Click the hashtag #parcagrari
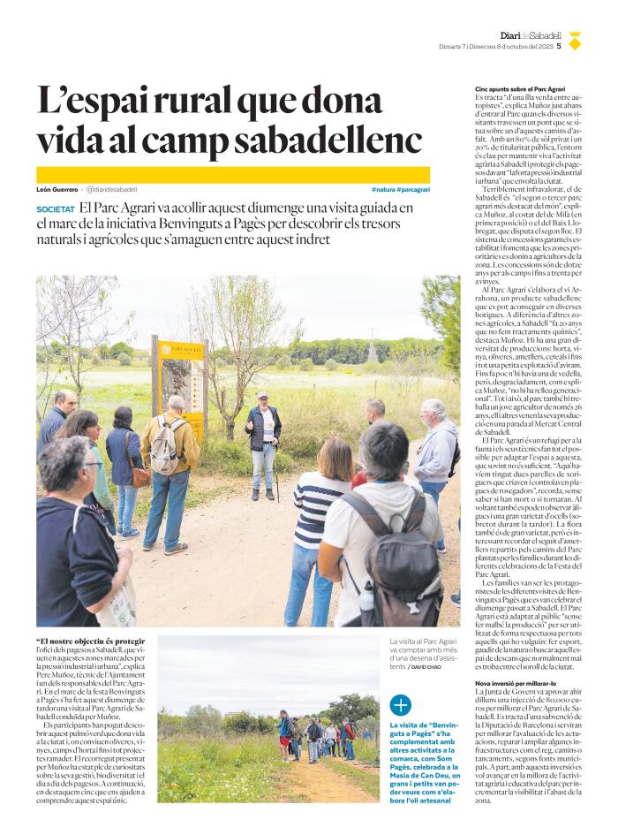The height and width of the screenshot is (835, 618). [x=413, y=189]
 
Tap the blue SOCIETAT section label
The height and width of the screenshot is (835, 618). [x=55, y=209]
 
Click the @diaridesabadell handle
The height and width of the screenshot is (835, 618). [x=111, y=189]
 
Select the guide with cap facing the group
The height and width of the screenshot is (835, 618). [x=263, y=442]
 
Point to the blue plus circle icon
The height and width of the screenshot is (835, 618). [x=400, y=704]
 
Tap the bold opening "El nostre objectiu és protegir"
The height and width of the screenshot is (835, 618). [x=91, y=641]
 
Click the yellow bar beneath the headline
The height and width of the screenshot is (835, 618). [x=233, y=174]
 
